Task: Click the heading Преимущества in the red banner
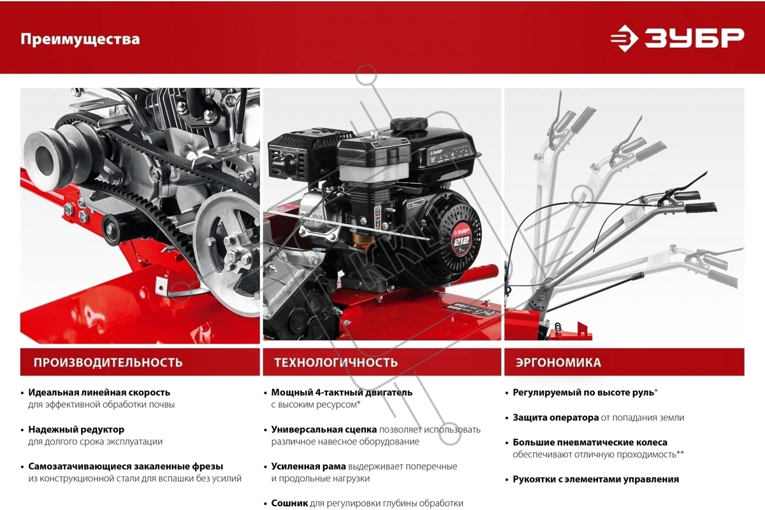tap(80, 40)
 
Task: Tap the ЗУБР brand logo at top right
tap(677, 38)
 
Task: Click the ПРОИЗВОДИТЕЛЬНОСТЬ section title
tap(108, 363)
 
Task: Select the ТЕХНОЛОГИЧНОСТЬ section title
tap(336, 363)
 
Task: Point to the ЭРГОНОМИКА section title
tap(558, 363)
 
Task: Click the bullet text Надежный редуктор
tap(76, 430)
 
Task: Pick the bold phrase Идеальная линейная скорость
tap(99, 393)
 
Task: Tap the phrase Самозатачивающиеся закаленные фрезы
tap(126, 466)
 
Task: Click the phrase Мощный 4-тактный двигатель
tap(342, 393)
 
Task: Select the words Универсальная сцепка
tap(324, 430)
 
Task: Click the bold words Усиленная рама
tap(309, 466)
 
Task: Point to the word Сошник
tap(289, 503)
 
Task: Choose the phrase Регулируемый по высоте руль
tap(583, 393)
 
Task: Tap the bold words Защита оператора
tap(556, 418)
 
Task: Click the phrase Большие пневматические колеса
tap(590, 442)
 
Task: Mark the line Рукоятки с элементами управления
tap(595, 479)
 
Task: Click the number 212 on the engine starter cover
tap(461, 242)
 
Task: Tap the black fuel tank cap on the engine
tap(409, 124)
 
